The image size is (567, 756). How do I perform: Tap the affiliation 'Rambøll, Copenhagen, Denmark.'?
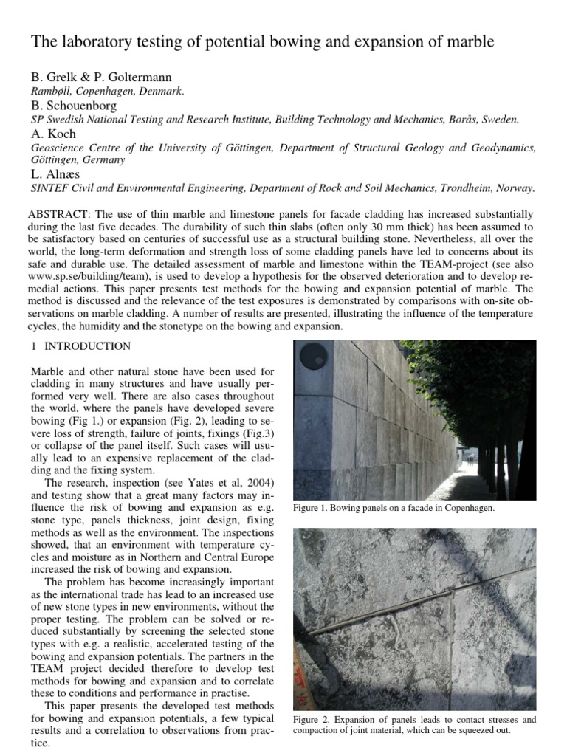click(107, 92)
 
